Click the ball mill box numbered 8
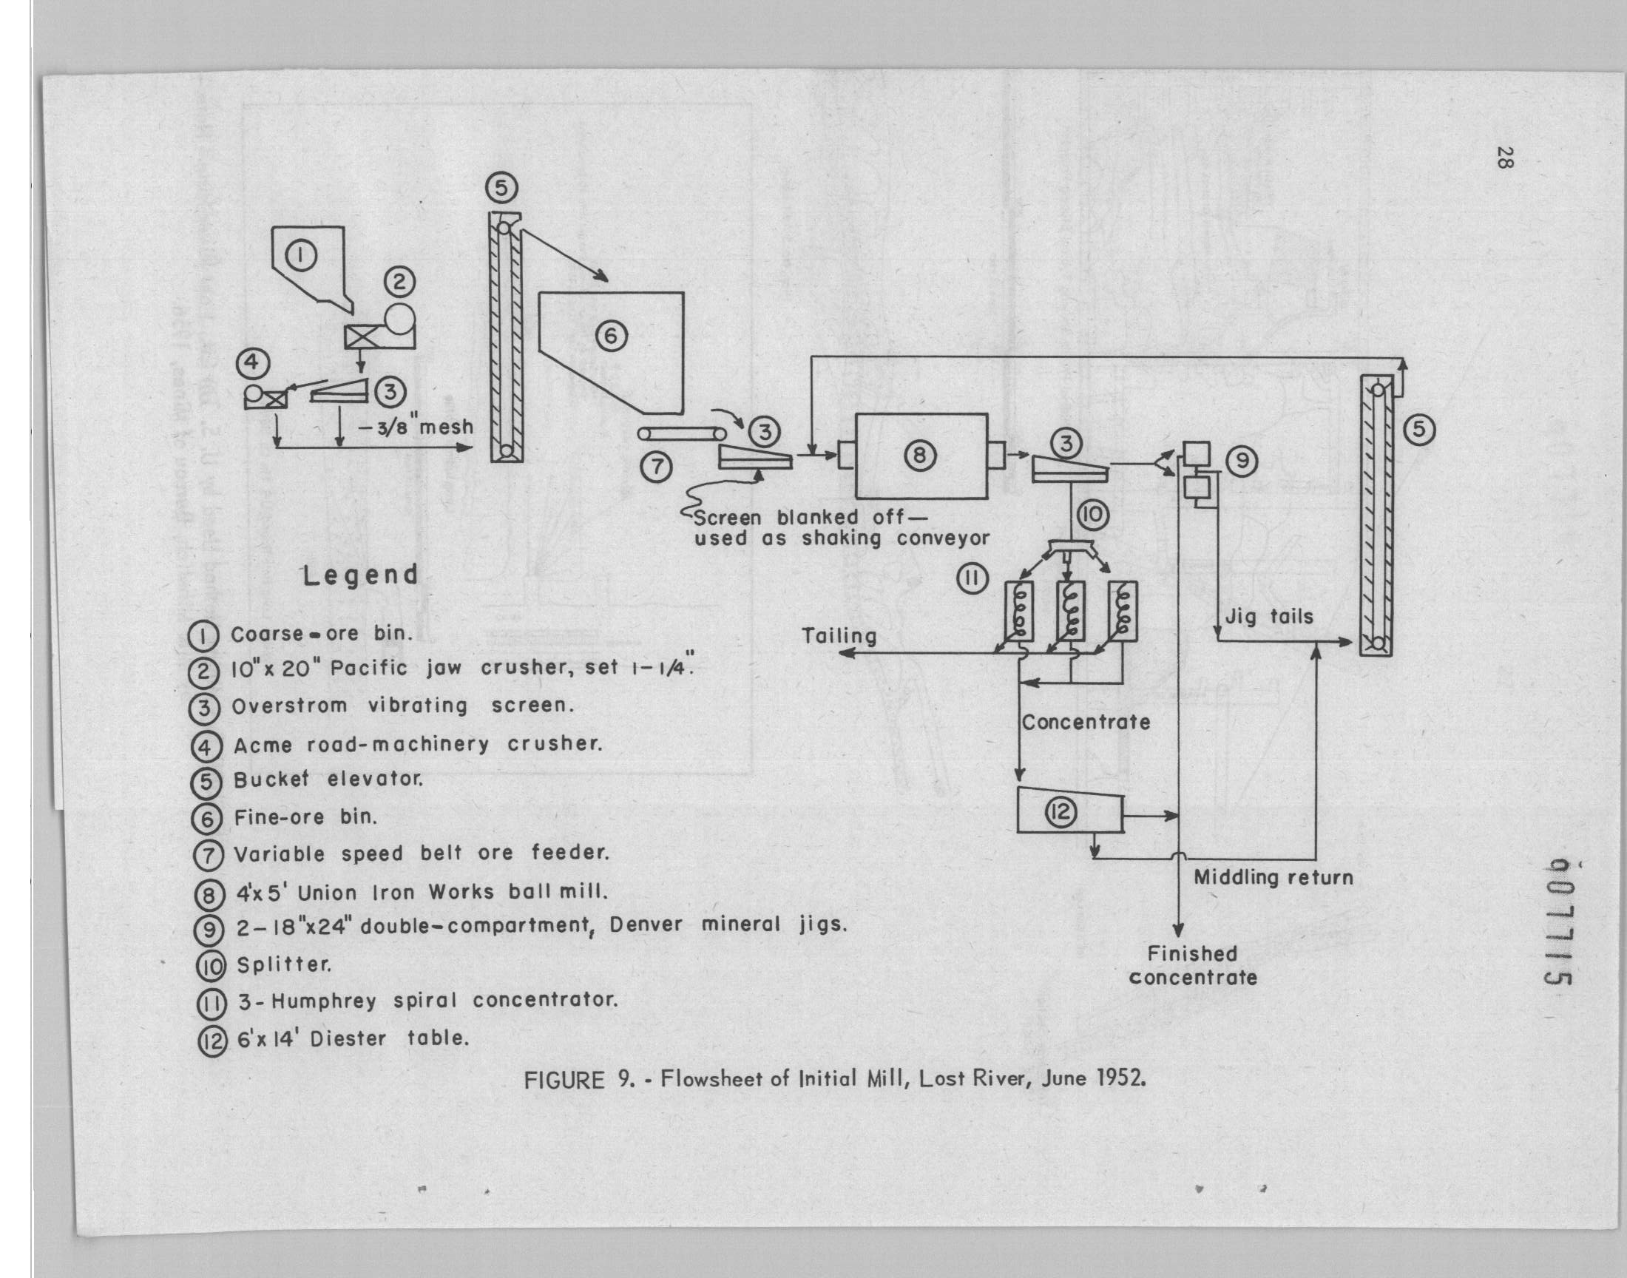921,456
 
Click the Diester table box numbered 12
1069,811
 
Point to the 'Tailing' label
839,636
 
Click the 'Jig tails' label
1268,617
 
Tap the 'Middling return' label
1273,877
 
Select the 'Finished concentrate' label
1192,965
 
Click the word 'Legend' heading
360,575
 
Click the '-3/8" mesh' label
416,427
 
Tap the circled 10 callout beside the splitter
1093,515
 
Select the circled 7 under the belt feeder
656,467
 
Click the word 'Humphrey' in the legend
324,1001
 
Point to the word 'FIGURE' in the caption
564,1081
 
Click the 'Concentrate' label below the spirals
1086,722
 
